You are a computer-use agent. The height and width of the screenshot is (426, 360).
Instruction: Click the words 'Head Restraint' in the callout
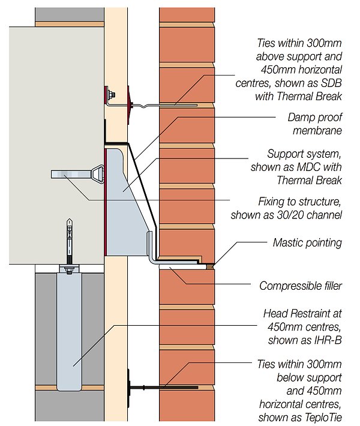302,314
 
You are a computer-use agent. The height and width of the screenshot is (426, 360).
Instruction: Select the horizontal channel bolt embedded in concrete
75,175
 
